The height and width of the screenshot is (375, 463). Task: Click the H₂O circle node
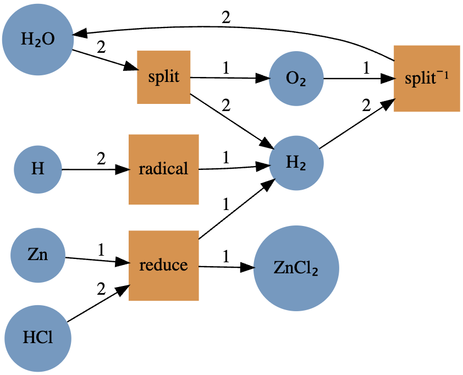pos(37,40)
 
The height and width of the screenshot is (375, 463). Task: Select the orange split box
pos(163,76)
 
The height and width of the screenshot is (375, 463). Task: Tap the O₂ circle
pos(296,79)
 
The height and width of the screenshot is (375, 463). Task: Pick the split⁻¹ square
pos(426,78)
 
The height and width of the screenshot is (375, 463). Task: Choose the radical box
pos(163,169)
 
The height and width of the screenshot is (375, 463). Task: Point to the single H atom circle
pos(37,169)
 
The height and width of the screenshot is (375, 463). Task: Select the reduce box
pos(163,266)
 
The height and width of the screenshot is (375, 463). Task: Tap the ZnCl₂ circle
pos(296,268)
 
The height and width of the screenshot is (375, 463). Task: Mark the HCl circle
pos(37,337)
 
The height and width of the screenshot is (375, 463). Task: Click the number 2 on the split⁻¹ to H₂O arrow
pos(226,17)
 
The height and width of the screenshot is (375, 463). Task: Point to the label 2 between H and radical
pos(101,159)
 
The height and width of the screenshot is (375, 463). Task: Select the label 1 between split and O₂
pos(225,68)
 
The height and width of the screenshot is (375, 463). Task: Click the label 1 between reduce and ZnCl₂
pos(225,256)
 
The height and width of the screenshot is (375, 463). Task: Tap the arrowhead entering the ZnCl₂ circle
pos(249,268)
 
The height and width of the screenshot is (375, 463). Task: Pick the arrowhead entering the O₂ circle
pos(264,79)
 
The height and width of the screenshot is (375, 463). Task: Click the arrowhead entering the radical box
pos(123,169)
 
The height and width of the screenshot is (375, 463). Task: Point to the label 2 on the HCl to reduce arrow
pos(101,289)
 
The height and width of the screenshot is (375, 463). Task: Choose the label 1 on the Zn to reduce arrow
pos(101,250)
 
